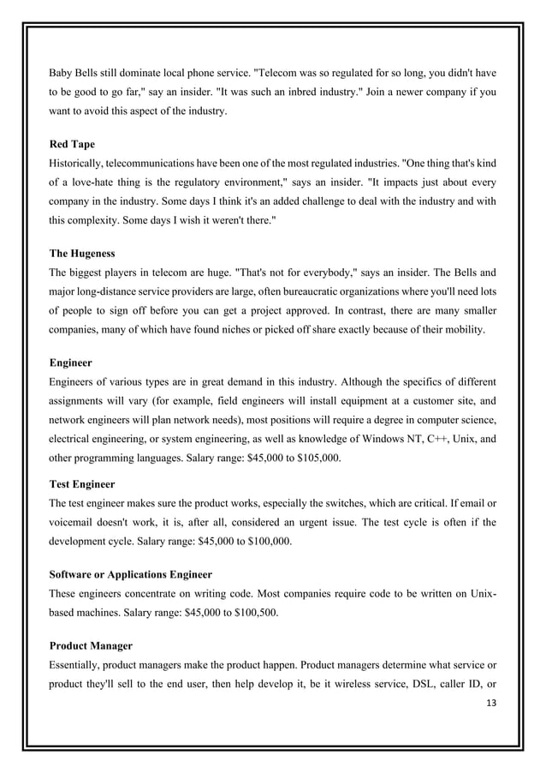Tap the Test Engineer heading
coord(81,484)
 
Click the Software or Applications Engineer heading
coord(131,573)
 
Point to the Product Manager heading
coord(91,644)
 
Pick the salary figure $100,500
coord(249,614)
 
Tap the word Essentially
coord(80,664)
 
